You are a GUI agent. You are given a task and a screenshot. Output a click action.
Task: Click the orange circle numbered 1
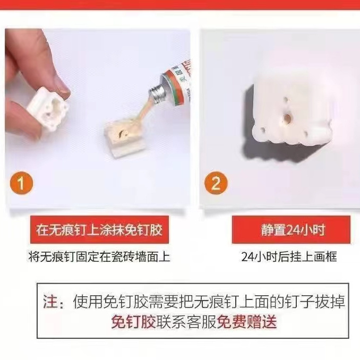[21, 183]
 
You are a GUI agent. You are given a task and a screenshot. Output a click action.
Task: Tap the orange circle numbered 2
[216, 183]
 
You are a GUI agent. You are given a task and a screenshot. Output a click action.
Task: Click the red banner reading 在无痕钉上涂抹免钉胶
[99, 229]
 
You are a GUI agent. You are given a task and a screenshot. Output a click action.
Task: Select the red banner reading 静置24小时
[291, 229]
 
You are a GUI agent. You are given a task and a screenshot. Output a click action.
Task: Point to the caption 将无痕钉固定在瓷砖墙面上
[99, 256]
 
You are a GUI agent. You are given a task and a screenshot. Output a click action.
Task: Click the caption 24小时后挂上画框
[289, 256]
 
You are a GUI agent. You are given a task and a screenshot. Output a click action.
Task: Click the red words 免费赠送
[247, 322]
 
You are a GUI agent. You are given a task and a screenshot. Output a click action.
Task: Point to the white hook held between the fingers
[48, 110]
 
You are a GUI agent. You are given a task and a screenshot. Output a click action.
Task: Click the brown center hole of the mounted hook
[287, 118]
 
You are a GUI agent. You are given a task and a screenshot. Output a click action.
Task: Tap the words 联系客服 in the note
[186, 322]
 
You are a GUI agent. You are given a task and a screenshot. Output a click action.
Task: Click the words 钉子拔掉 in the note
[315, 302]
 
